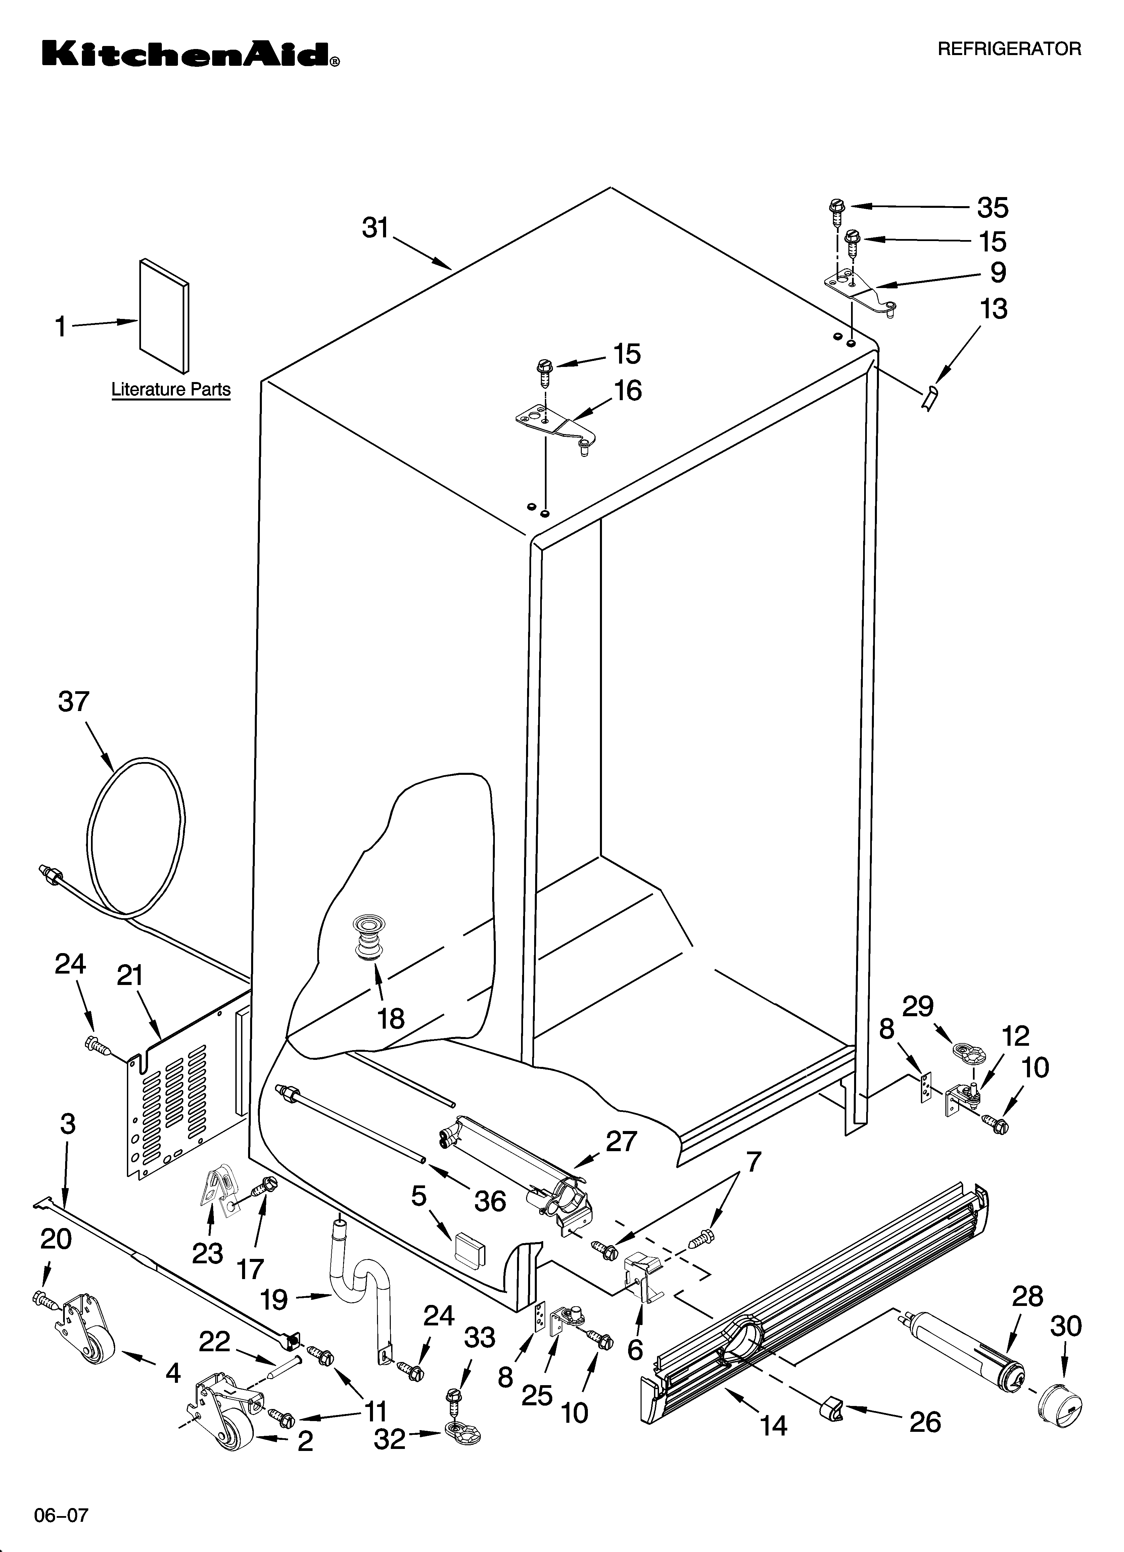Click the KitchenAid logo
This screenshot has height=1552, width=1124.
click(190, 53)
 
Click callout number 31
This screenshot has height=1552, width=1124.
click(375, 228)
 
